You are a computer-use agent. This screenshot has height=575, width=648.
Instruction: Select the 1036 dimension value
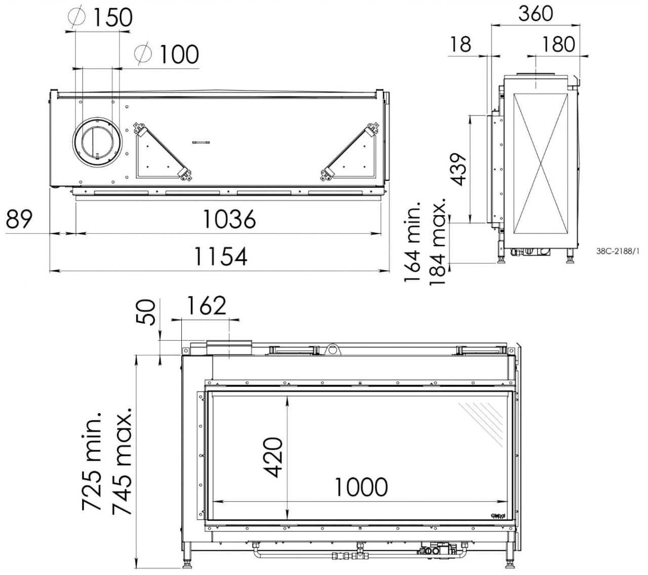point(229,219)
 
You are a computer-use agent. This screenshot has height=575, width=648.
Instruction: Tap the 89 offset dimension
point(19,219)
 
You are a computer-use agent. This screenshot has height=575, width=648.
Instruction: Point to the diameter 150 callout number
point(112,17)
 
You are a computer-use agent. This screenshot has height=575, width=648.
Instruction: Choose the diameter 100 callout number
point(179,54)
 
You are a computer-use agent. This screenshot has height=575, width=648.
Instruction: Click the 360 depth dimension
point(536,14)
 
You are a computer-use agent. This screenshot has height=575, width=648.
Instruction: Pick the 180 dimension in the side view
point(558,44)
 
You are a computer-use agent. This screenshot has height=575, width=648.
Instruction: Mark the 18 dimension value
point(461,44)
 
